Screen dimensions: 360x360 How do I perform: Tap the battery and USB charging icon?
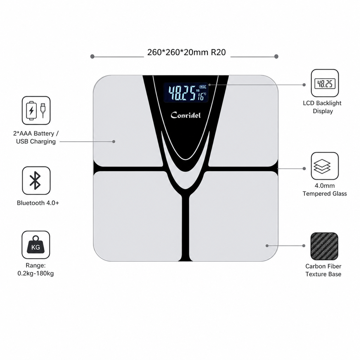point(36,110)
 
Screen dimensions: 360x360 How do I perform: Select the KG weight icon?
point(36,245)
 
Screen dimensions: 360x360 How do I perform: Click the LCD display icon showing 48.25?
point(325,83)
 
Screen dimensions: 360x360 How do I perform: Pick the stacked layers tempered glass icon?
point(325,166)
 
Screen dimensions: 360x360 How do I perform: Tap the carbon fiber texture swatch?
point(324,246)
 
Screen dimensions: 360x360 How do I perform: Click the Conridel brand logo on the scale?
point(186,115)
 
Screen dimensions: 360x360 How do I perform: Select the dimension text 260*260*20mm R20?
point(186,52)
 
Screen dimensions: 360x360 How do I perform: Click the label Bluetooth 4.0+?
point(38,203)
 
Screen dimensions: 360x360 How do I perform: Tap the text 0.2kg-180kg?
point(36,273)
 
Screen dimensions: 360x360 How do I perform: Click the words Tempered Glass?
point(325,193)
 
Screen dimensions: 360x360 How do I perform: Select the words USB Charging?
point(36,141)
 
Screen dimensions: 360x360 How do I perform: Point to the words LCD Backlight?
point(322,103)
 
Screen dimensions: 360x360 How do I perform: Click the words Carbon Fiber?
point(323,266)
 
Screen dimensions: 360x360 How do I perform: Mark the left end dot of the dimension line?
point(92,57)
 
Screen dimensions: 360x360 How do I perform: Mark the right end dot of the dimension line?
point(276,57)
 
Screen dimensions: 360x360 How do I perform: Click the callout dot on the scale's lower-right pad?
point(267,246)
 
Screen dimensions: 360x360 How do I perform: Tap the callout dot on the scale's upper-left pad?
point(114,142)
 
